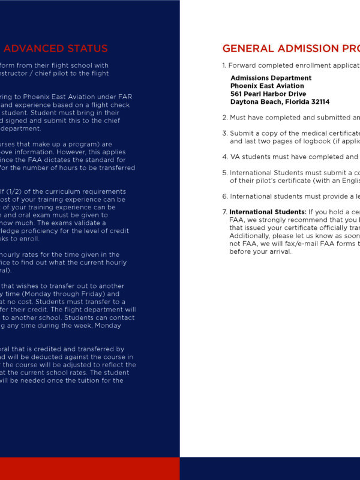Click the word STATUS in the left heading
coord(88,49)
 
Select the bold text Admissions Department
coord(271,78)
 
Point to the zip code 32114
coord(317,101)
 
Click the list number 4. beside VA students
coord(224,157)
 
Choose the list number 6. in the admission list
coord(224,196)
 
